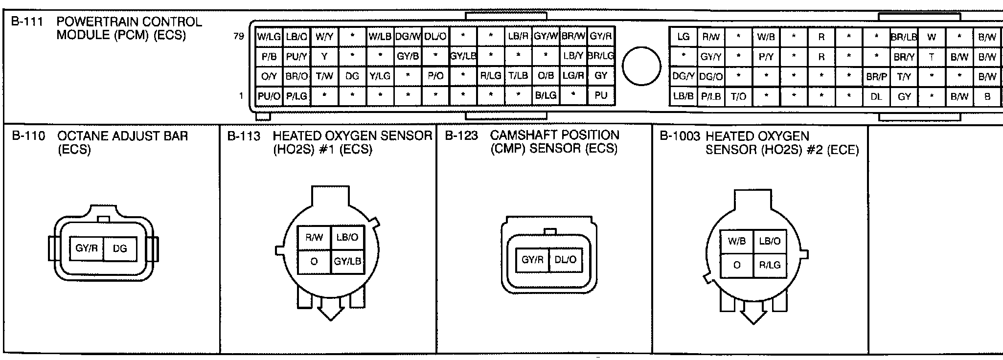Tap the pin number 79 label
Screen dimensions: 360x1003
239,36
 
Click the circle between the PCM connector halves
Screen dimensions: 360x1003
641,66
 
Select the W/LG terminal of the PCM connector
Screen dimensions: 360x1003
269,36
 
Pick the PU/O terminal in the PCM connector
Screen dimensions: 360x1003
269,96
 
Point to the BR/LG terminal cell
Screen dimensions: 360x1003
601,56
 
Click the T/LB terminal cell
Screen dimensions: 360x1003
518,76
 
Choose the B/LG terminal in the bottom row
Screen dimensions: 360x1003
546,96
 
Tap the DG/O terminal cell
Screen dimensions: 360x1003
711,77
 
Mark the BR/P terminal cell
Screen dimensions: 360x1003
876,77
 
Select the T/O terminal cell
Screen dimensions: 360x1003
739,97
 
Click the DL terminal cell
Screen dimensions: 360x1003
876,97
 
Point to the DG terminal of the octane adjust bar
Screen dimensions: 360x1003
120,249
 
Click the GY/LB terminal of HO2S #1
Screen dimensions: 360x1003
347,262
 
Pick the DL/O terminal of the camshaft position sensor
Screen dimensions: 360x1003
565,260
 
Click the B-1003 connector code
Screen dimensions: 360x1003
680,136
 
